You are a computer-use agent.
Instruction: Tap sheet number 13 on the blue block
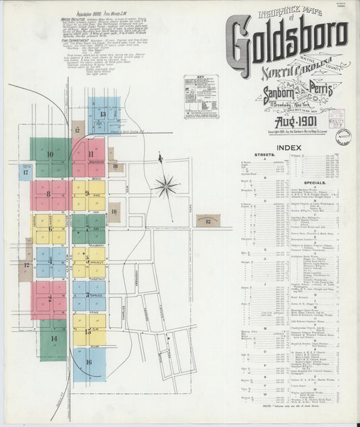pyautogui.click(x=103, y=114)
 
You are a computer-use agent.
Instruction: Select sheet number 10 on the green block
pyautogui.click(x=50, y=154)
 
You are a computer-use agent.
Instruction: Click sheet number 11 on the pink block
pyautogui.click(x=90, y=154)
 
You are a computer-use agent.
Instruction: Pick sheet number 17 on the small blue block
pyautogui.click(x=25, y=172)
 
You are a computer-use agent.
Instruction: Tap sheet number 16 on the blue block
pyautogui.click(x=88, y=361)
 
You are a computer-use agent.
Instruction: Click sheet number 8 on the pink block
pyautogui.click(x=49, y=195)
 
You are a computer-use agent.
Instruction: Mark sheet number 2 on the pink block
pyautogui.click(x=49, y=297)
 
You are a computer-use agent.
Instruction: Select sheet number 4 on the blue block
pyautogui.click(x=49, y=260)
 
